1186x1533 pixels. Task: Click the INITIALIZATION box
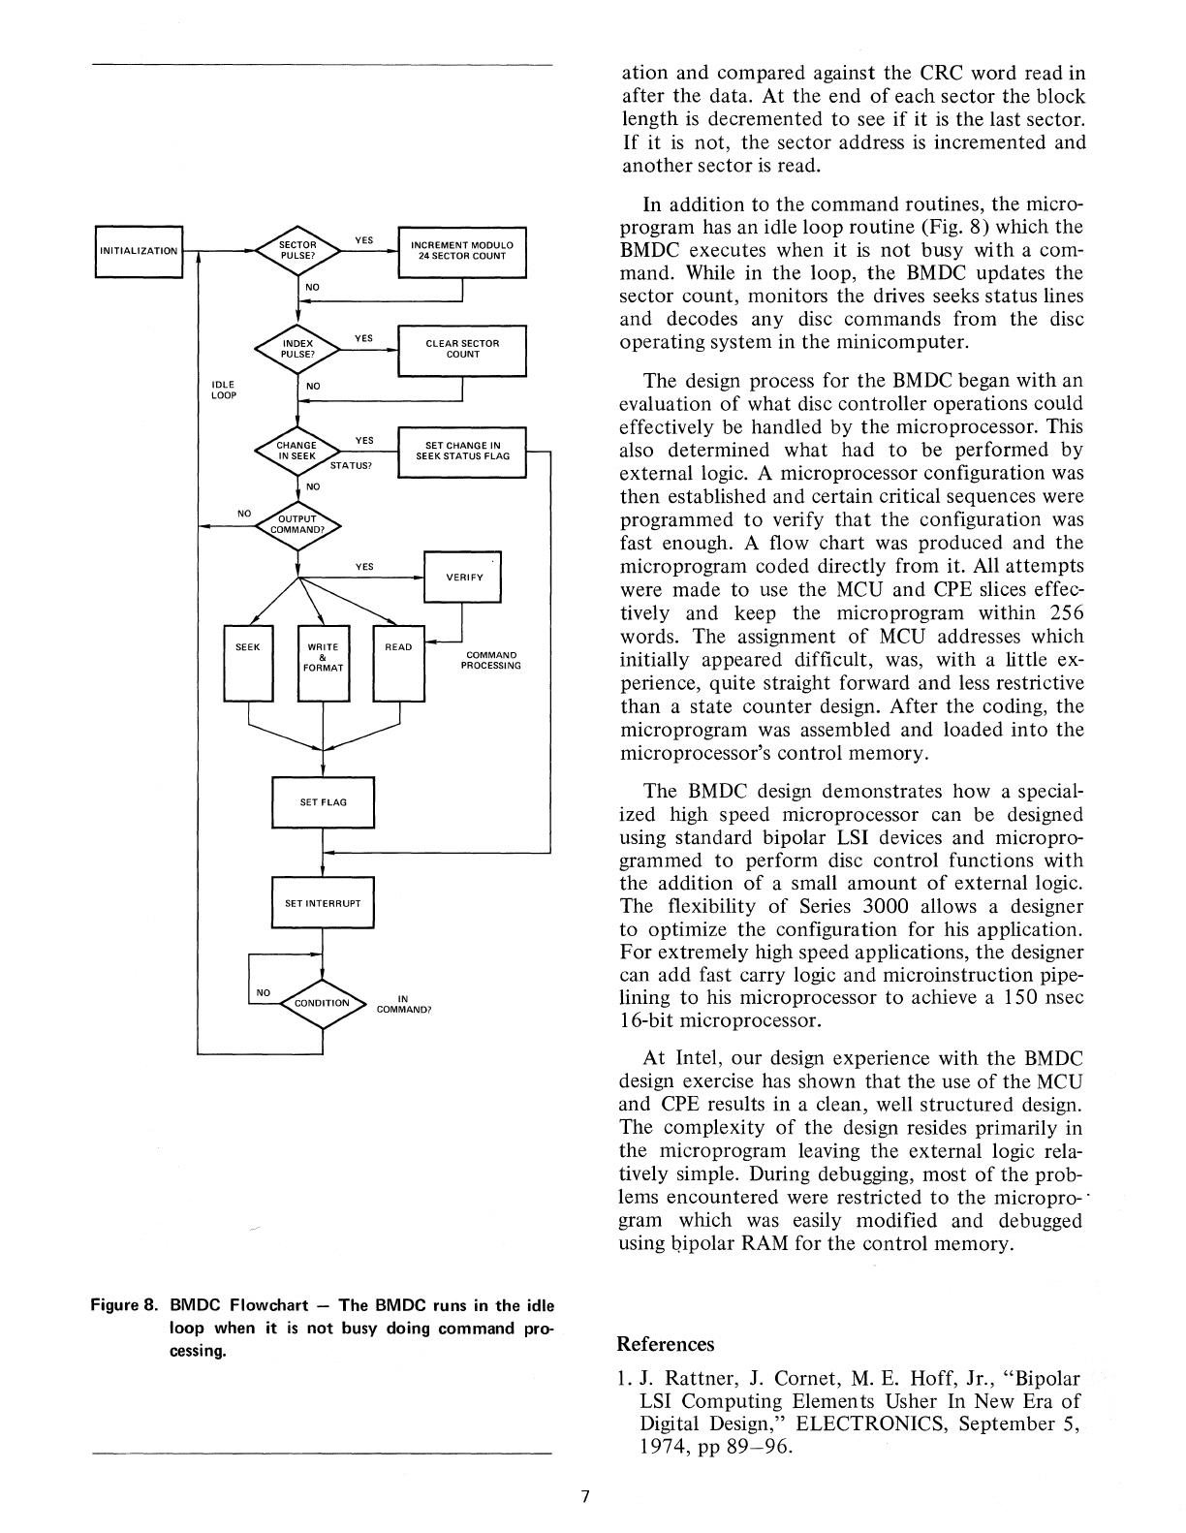pyautogui.click(x=139, y=251)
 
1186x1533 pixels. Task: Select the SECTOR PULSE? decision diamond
pyautogui.click(x=297, y=250)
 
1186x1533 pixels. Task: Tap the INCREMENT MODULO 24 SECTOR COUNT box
pyautogui.click(x=461, y=251)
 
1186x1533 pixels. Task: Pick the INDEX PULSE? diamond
pyautogui.click(x=297, y=349)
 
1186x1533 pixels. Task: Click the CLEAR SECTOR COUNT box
pyautogui.click(x=461, y=349)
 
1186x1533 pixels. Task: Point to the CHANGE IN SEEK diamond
pyautogui.click(x=297, y=451)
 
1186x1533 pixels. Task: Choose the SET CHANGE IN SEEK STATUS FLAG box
pyautogui.click(x=461, y=451)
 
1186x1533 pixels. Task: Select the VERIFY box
pyautogui.click(x=462, y=577)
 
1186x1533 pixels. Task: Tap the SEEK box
pyautogui.click(x=248, y=663)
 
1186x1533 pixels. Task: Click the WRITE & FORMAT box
pyautogui.click(x=323, y=663)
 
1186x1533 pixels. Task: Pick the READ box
pyautogui.click(x=398, y=663)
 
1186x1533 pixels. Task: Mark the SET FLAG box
pyautogui.click(x=323, y=802)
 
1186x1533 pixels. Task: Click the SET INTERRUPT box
pyautogui.click(x=323, y=903)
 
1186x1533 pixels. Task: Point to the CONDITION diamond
pyautogui.click(x=322, y=1003)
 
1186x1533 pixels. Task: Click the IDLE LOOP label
pyautogui.click(x=223, y=390)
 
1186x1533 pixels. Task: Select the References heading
pyautogui.click(x=665, y=1344)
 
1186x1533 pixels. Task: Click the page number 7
pyautogui.click(x=584, y=1495)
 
